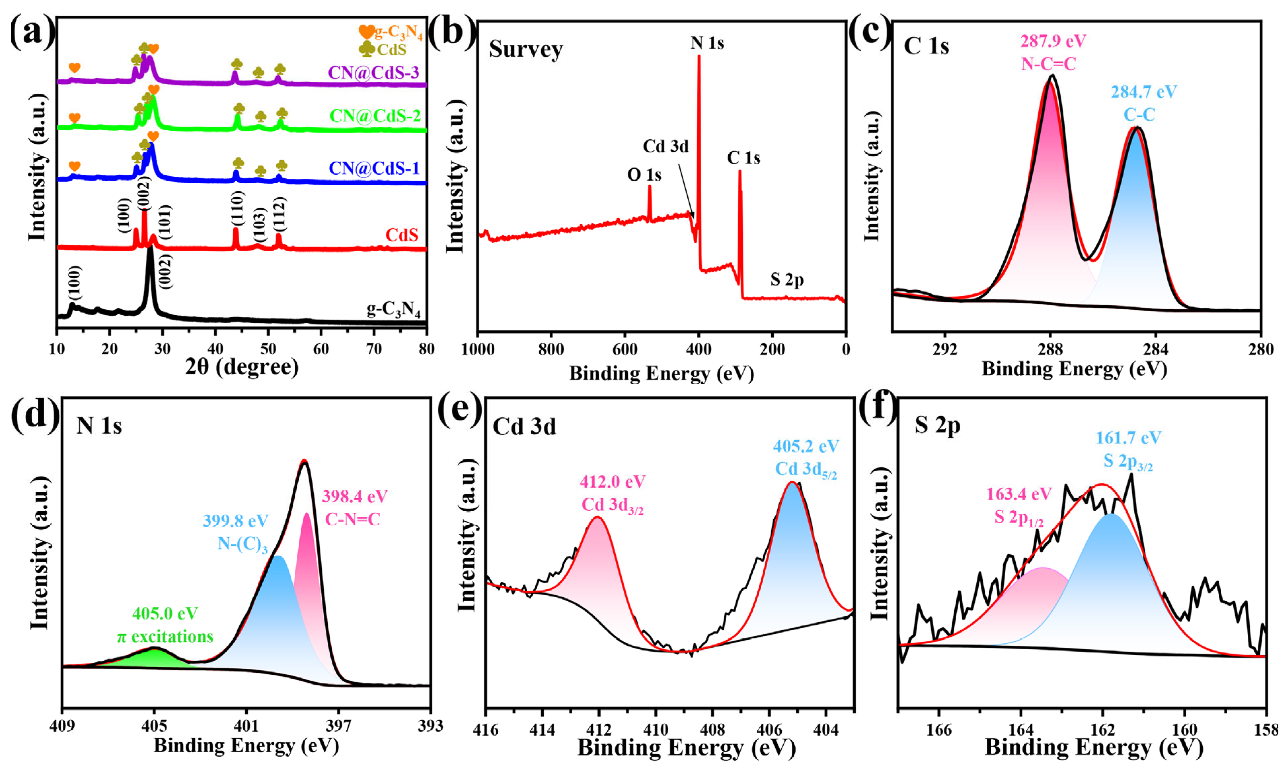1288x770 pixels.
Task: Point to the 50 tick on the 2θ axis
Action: point(268,348)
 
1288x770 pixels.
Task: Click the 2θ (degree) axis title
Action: point(242,367)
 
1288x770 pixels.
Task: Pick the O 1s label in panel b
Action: point(644,175)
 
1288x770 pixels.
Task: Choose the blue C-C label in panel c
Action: point(1139,115)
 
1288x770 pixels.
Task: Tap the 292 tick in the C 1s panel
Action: point(944,349)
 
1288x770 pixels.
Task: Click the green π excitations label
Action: point(165,637)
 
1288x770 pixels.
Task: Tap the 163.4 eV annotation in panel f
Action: point(1019,494)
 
